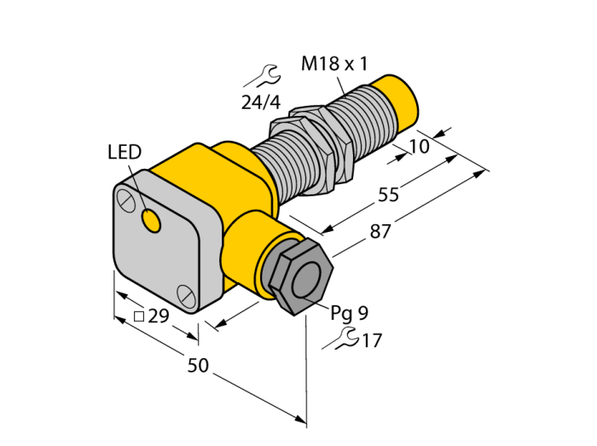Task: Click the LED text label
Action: tap(125, 152)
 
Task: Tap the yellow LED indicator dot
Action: tap(151, 221)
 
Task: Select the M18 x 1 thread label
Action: tap(334, 64)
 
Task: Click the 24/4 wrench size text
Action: tap(261, 102)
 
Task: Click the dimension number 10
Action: tap(420, 146)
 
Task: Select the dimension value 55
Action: tap(388, 194)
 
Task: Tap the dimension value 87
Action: tap(380, 231)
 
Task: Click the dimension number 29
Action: tap(158, 316)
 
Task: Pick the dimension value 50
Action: tap(199, 365)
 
